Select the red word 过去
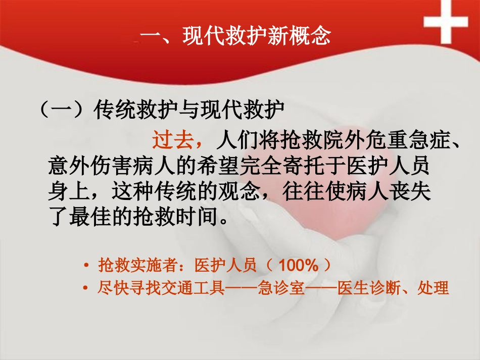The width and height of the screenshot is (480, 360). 172,141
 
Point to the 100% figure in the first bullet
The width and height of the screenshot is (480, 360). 298,265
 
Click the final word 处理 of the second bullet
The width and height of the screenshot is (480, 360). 437,289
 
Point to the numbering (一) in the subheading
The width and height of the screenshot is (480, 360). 64,111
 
